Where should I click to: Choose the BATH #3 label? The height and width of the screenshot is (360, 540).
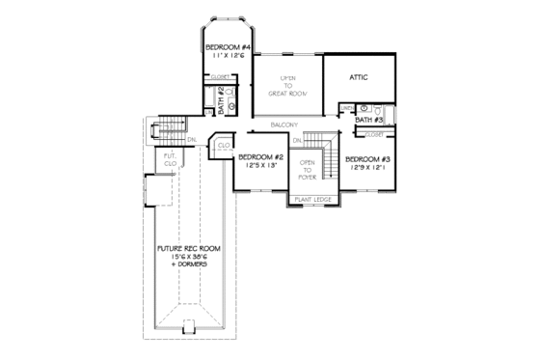[371, 121]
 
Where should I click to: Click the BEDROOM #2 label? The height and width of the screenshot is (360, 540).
[259, 157]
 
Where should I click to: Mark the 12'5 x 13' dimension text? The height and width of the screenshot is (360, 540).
[259, 167]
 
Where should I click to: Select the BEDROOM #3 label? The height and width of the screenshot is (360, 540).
[367, 158]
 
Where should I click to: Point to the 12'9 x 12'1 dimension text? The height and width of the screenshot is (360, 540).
[367, 168]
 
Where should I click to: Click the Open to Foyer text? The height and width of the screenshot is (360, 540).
[308, 168]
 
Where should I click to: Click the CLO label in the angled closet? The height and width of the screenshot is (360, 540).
[222, 147]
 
